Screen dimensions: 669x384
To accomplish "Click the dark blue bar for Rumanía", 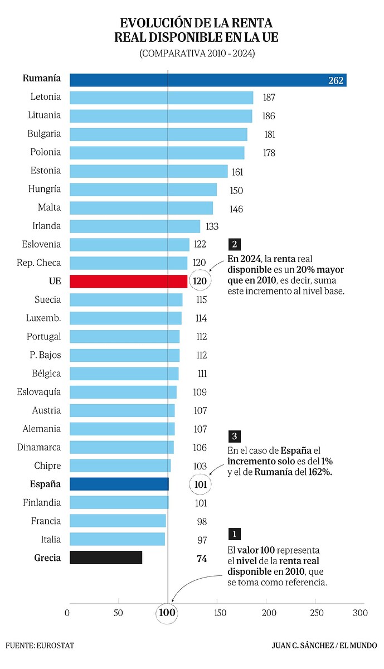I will point(208,80).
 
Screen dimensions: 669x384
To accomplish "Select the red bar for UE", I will point(129,281).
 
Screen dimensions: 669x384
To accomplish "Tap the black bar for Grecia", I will point(106,557).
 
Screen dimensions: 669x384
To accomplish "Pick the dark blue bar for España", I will point(119,484).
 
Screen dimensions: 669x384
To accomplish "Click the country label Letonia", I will point(46,97).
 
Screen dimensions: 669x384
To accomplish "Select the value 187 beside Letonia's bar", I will point(269,98).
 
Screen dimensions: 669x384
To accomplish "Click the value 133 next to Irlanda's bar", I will point(212,226).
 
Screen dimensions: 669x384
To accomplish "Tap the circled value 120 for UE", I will point(200,281).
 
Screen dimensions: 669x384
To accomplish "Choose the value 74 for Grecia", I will point(202,558).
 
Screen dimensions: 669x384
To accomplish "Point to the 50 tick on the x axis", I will point(118,613).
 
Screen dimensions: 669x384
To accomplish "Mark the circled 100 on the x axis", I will point(167,613).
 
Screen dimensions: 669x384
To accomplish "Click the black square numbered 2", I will point(235,244).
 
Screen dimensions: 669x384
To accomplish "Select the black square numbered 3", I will point(235,437).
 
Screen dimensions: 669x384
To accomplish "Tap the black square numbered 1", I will point(235,534).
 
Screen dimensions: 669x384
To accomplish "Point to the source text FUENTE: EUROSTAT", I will point(40,646).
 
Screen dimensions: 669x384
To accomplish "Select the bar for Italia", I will point(118,539).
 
